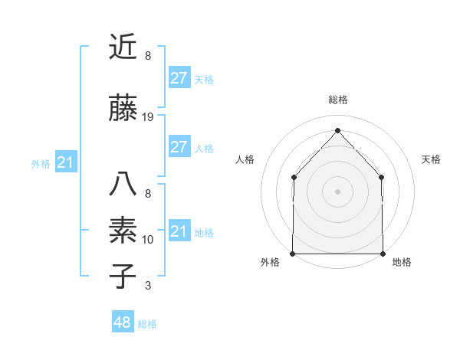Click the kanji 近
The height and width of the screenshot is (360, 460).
point(123,47)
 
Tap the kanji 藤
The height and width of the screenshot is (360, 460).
point(123,109)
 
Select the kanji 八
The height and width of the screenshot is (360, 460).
point(123,185)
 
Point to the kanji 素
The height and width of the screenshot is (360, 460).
point(123,231)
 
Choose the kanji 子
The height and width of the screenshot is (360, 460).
point(123,277)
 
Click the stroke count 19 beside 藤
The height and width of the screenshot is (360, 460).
point(148,117)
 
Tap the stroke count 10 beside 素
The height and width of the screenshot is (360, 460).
point(148,240)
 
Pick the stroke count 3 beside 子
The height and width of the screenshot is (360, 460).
point(148,286)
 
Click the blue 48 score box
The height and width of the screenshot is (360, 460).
point(123,322)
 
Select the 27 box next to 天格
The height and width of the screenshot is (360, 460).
point(179,78)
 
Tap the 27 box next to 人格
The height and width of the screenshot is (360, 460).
point(179,147)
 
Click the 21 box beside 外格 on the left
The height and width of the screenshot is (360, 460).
point(65,162)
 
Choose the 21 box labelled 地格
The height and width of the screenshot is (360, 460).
point(179,231)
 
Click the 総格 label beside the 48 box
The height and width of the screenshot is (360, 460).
point(147,324)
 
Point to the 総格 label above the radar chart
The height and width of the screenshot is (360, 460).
point(338,100)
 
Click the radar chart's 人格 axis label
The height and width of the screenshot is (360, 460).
point(245,159)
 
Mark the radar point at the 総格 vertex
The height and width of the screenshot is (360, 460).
point(337,130)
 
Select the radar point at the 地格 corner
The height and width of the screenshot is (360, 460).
point(383,254)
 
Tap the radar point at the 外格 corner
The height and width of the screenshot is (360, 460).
point(293,254)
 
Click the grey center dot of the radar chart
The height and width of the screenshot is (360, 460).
point(337,191)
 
